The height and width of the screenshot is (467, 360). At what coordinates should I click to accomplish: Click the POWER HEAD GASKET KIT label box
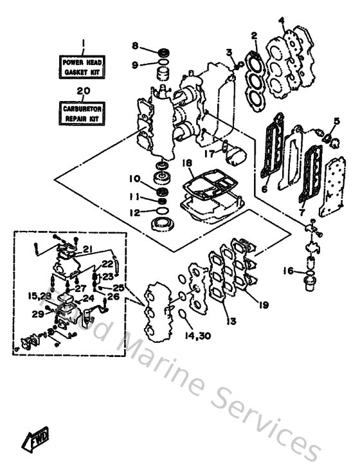tap(82, 67)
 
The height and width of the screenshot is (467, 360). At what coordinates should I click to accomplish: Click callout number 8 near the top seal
tap(134, 46)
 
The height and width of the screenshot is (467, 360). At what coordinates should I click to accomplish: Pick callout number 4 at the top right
tap(281, 20)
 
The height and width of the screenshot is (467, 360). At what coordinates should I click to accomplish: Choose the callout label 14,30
tap(192, 335)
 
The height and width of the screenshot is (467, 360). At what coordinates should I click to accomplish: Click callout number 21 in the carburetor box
tap(87, 250)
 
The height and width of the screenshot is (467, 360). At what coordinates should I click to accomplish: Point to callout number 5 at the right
tap(336, 121)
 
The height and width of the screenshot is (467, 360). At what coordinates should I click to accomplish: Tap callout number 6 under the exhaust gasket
tap(263, 190)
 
